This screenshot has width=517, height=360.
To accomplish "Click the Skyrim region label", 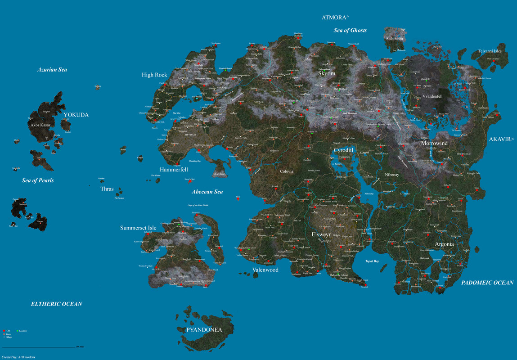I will tap(327, 73).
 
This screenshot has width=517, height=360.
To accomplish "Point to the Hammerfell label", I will tap(174, 170).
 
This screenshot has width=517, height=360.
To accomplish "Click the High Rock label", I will tap(154, 75).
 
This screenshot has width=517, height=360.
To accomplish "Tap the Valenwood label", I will tap(265, 270).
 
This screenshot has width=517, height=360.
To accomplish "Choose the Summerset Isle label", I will tap(138, 228).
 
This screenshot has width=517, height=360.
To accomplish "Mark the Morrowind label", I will tap(434, 144).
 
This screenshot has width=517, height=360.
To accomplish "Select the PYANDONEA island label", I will tap(204, 330).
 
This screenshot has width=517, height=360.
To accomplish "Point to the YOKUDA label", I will tap(76, 115).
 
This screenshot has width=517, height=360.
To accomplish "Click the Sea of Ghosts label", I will tap(350, 31).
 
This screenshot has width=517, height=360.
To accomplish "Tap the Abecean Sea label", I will tap(207, 192).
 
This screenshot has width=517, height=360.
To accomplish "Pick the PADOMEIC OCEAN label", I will tap(487, 283).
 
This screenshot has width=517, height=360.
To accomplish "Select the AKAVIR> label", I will tap(502, 139).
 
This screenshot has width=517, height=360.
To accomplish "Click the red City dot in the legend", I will tap(4, 331).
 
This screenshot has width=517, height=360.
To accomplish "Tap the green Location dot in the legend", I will tap(17, 331).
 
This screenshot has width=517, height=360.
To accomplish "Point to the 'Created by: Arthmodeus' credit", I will tap(18, 357).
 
